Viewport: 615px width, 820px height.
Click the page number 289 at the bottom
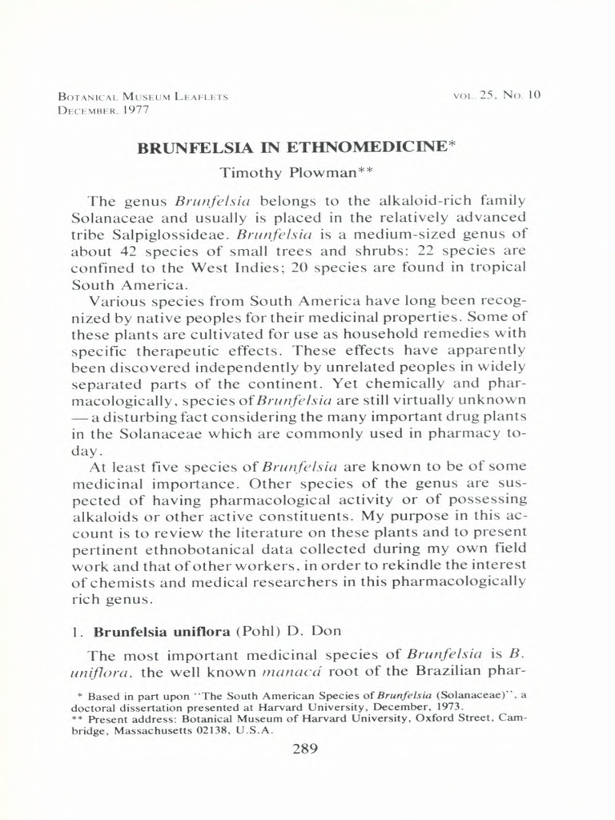(x=307, y=750)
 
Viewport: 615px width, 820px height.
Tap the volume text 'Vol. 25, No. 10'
(x=497, y=94)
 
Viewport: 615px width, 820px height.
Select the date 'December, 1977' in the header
(x=104, y=110)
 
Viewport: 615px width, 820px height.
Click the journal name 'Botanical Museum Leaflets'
(x=143, y=96)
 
